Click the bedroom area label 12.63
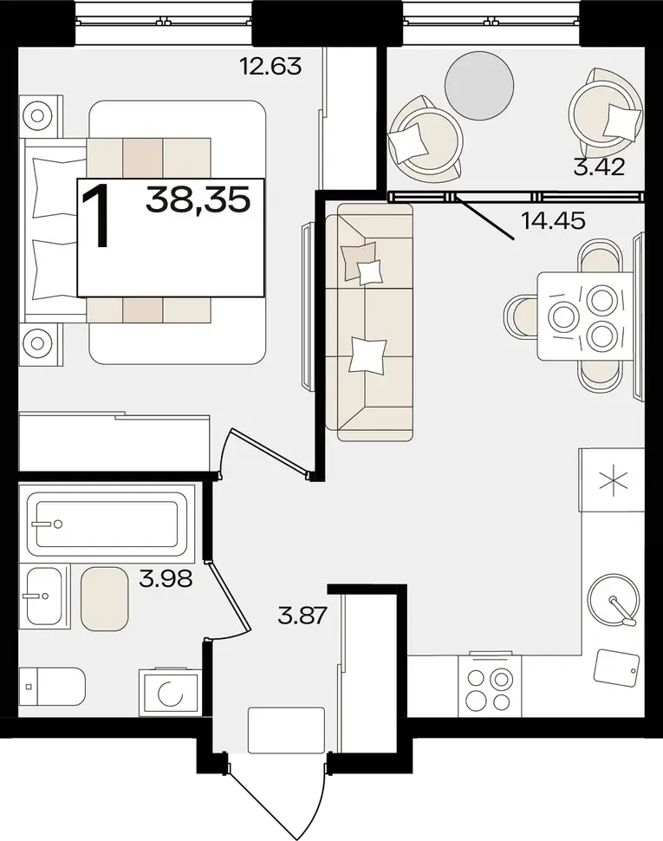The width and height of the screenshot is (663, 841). (270, 67)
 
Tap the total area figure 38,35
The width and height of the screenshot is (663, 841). (198, 200)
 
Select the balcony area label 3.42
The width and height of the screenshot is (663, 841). (599, 167)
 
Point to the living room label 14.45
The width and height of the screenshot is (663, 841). (553, 220)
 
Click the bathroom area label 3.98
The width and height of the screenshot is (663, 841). (166, 578)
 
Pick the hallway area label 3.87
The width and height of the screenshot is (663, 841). (302, 616)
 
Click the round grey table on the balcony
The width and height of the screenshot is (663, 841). (479, 86)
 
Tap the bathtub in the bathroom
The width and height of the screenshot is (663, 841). (107, 524)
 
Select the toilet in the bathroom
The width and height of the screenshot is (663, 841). (52, 686)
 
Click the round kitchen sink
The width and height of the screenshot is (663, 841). (614, 599)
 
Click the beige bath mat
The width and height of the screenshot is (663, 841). (105, 598)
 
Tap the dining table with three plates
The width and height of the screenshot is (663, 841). (585, 316)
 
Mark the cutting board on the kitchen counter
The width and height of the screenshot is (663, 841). (616, 668)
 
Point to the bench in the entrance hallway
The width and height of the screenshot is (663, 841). (286, 730)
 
